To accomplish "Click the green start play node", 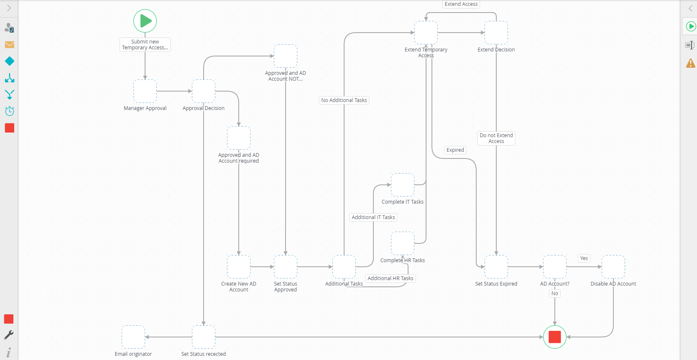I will point(145,21).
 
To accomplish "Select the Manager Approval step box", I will point(145,91).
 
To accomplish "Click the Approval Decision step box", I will point(204,91).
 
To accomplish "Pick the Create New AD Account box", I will point(239,267).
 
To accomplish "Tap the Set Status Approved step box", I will point(286,267).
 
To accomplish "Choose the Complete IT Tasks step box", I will point(403,185).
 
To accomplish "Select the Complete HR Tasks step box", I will point(403,243).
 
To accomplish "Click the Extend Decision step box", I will point(496,33).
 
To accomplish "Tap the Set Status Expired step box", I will point(496,267).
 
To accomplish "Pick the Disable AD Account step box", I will point(613,267).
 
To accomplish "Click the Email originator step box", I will point(133,337).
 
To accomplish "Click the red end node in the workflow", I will point(555,337).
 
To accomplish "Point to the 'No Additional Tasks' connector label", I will point(344,100).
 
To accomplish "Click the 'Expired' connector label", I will point(455,150).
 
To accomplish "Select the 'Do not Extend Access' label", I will point(496,138).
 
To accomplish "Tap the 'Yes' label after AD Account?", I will point(584,258).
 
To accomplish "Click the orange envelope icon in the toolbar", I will point(10,45).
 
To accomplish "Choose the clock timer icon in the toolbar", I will point(10,111).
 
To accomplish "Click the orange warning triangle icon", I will point(691,63).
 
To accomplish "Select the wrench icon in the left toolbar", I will point(9,335).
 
